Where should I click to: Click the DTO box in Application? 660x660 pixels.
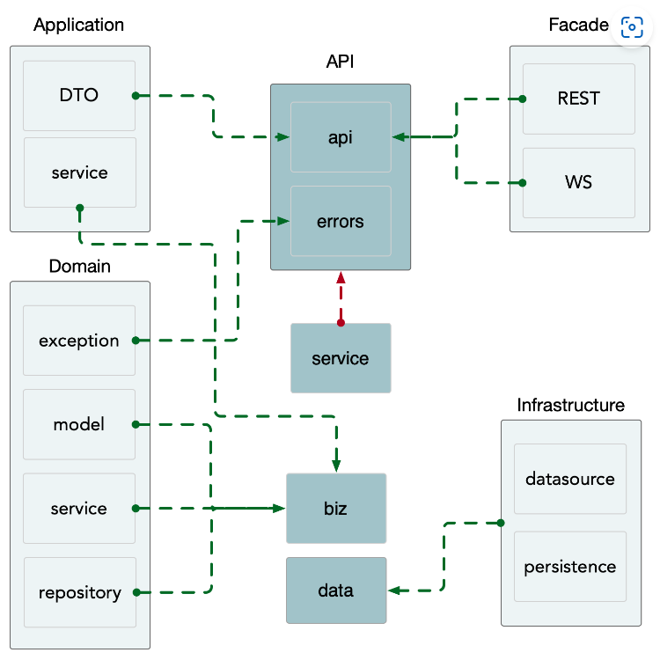coord(79,96)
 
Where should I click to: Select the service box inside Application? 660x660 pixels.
coord(79,172)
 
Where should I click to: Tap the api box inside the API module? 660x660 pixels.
coord(341,137)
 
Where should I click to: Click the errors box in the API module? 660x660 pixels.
coord(341,221)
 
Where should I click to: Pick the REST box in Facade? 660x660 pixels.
coord(579,99)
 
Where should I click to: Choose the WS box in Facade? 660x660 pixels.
coord(579,183)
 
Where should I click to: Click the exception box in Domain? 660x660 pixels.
coord(79,341)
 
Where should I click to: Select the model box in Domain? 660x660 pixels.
coord(79,424)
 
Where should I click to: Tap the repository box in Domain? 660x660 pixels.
coord(79,592)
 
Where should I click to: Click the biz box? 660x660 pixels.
coord(336,509)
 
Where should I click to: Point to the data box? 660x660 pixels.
coord(336,590)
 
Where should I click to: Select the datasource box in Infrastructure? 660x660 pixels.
coord(570,480)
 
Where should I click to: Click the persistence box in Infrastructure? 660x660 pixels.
coord(570,567)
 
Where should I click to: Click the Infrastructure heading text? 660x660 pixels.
coord(570,406)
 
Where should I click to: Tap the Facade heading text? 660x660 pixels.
coord(578,25)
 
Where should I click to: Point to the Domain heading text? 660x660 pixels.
coord(79,266)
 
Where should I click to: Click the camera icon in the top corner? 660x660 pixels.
coord(632,26)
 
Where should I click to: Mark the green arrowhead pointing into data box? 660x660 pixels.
coord(394,590)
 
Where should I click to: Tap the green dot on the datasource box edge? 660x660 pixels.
coord(501,523)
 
